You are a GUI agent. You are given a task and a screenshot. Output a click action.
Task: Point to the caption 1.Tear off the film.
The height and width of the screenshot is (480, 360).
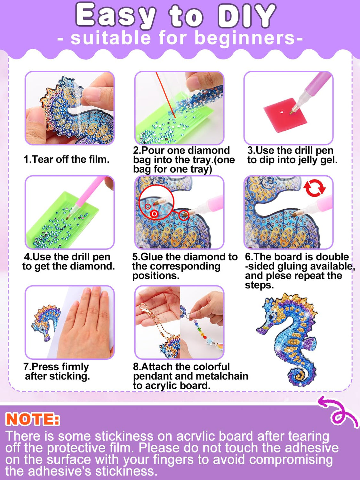(x=67, y=159)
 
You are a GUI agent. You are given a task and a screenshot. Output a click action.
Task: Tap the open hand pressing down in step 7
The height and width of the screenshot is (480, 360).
(x=86, y=324)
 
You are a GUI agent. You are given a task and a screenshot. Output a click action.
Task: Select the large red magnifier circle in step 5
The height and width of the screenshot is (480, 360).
(x=156, y=202)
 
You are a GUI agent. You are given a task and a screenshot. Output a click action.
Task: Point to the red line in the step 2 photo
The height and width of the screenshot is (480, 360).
(x=165, y=95)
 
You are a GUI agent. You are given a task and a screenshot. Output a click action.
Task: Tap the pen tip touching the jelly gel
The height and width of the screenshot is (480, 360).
(x=292, y=112)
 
